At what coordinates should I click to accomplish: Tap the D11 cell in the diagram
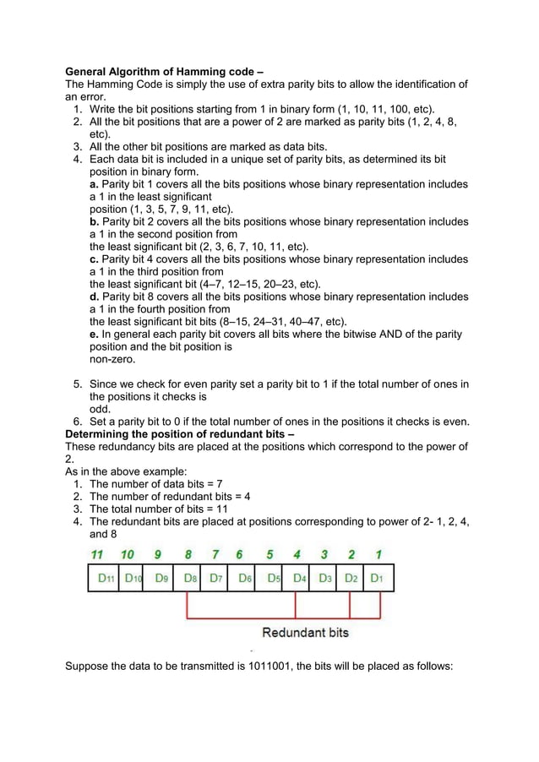[x=104, y=578]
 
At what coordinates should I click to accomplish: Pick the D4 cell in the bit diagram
[x=300, y=578]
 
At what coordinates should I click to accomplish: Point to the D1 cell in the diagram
[x=378, y=578]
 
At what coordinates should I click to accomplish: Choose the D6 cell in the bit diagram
[x=245, y=578]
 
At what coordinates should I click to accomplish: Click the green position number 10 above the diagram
[x=128, y=555]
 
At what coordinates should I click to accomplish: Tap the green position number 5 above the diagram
[x=269, y=555]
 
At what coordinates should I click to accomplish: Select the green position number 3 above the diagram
[x=324, y=555]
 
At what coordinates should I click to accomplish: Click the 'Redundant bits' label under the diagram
[x=305, y=632]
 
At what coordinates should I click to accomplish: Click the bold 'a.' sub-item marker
[x=95, y=184]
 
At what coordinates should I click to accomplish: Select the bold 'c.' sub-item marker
[x=95, y=259]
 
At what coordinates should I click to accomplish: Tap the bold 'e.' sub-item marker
[x=95, y=335]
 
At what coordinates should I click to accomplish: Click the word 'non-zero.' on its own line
[x=112, y=359]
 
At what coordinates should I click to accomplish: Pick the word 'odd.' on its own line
[x=101, y=410]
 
